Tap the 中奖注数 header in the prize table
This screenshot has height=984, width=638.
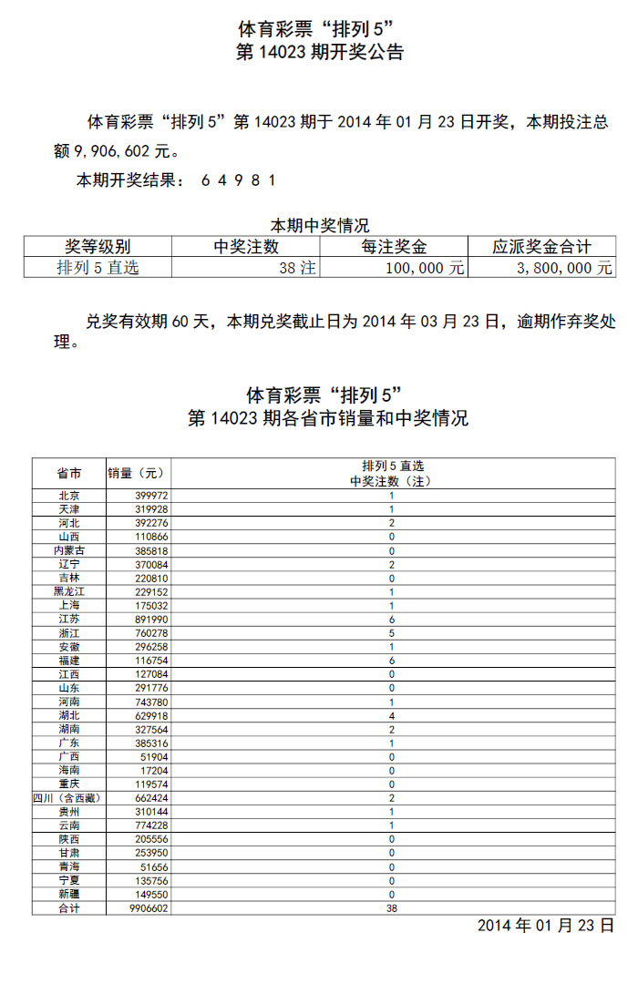246,246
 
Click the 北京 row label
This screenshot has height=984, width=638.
69,496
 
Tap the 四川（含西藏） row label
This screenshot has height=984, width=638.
69,798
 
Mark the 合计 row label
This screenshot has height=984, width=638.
69,908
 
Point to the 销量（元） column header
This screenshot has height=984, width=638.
138,474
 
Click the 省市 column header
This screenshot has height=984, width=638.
69,474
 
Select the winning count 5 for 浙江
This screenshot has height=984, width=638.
392,633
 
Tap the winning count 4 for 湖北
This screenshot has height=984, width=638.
392,716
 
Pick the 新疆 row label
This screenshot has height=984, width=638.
69,895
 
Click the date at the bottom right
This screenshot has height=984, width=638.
546,926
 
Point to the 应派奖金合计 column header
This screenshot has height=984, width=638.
541,246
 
